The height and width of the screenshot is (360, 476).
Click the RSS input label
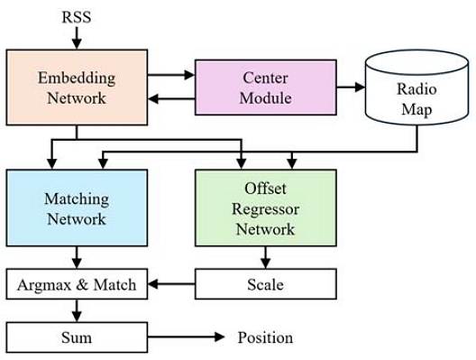(x=76, y=16)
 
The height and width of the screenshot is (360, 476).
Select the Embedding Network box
(x=76, y=88)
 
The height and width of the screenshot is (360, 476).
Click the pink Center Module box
(x=265, y=88)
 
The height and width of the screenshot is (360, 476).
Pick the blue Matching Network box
(x=76, y=208)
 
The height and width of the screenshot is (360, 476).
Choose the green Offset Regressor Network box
(x=265, y=208)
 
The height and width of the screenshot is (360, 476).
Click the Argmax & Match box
(x=76, y=285)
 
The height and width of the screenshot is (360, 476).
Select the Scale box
(x=265, y=285)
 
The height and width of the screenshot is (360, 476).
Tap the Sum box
(x=76, y=337)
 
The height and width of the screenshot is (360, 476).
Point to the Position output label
(x=265, y=337)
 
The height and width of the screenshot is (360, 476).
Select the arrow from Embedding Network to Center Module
(x=170, y=77)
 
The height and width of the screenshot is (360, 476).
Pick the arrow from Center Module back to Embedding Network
(x=170, y=98)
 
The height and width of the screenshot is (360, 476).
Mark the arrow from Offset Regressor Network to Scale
(x=265, y=257)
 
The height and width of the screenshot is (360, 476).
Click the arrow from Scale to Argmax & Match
(x=170, y=285)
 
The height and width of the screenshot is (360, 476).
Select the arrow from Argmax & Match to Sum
(x=76, y=311)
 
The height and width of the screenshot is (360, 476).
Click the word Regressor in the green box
(x=265, y=208)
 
